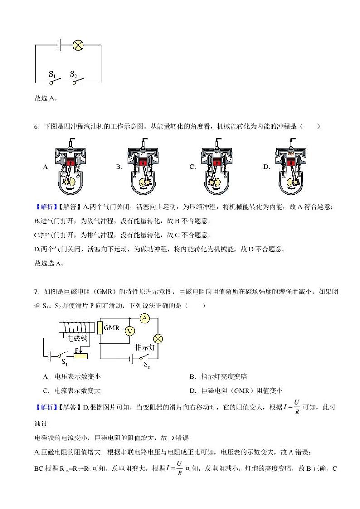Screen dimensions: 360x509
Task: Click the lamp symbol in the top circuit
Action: point(78,45)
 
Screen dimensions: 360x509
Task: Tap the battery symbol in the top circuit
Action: point(59,45)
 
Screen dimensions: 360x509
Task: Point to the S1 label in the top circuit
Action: point(52,74)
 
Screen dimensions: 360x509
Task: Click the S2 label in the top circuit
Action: point(73,74)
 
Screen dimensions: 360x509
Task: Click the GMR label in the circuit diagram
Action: point(112,327)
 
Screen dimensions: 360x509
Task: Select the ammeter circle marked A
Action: point(145,318)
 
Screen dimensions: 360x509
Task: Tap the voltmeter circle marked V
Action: point(130,331)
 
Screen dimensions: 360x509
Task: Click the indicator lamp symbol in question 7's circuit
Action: point(158,338)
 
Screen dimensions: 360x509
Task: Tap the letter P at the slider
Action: point(77,350)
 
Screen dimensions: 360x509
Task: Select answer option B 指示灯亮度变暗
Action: point(218,377)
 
